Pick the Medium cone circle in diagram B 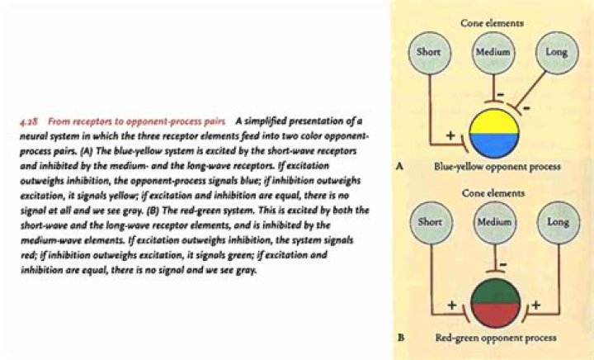[x=493, y=223]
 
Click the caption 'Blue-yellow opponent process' [x=497, y=167]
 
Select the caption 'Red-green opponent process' [x=493, y=338]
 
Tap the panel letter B [x=399, y=338]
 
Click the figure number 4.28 [x=28, y=121]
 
